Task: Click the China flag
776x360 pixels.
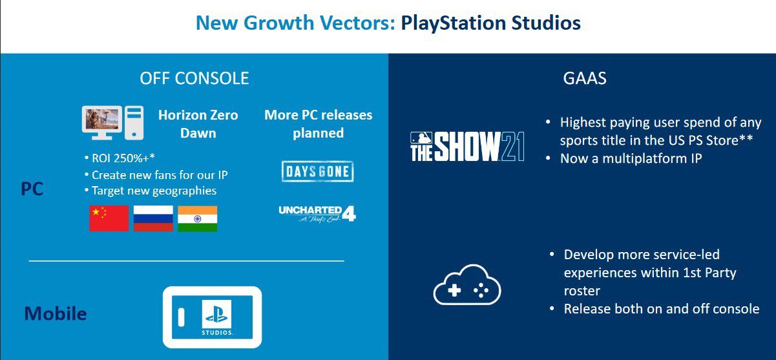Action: tap(109, 218)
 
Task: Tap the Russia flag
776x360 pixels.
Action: tap(153, 218)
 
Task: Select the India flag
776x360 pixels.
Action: tap(198, 218)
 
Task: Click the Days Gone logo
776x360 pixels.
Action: tap(318, 171)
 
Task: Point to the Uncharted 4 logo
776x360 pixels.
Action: tap(317, 213)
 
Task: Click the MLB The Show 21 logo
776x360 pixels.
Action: tap(467, 147)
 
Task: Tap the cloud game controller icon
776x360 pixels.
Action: tap(467, 285)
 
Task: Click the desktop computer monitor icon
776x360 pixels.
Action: tap(102, 123)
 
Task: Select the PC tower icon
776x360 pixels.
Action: tap(134, 123)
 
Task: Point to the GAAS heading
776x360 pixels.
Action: tap(585, 78)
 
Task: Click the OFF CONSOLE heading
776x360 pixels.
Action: tap(194, 78)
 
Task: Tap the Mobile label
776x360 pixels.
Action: tap(56, 313)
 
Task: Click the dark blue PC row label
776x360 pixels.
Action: tap(32, 189)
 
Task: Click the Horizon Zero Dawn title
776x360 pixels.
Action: tap(198, 124)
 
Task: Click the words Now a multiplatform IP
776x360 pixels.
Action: tap(631, 159)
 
